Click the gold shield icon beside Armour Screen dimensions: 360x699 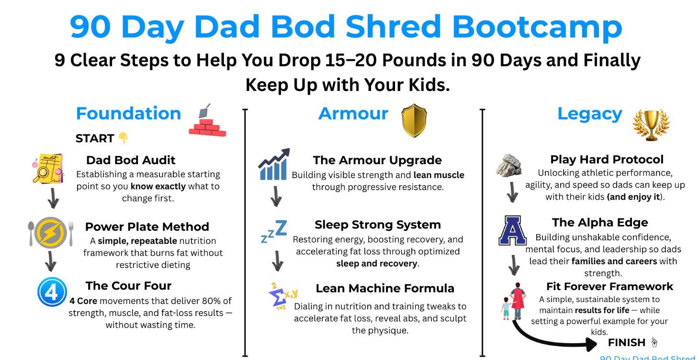[x=414, y=121]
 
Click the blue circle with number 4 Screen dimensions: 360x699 [x=52, y=292]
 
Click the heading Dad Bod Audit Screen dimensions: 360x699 [x=131, y=160]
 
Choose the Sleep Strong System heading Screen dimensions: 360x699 [x=378, y=225]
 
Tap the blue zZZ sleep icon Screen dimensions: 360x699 [x=274, y=231]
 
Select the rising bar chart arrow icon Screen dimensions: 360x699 [x=274, y=164]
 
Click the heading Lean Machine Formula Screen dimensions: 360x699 [x=385, y=288]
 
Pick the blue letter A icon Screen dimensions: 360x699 [x=512, y=230]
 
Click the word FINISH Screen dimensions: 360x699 [x=627, y=343]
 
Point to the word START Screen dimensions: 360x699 [x=95, y=138]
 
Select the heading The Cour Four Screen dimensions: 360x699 [x=128, y=286]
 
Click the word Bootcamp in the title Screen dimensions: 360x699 [x=537, y=27]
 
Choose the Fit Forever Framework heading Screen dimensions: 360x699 [x=609, y=286]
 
